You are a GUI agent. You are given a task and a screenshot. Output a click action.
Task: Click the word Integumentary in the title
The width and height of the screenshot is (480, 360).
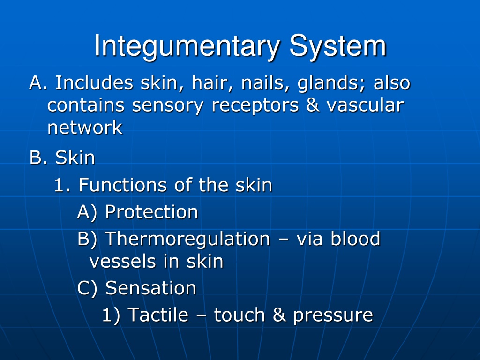click(187, 46)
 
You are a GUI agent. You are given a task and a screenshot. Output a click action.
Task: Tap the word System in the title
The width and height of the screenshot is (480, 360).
click(338, 46)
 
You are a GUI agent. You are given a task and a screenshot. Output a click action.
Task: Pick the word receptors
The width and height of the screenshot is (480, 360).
click(255, 106)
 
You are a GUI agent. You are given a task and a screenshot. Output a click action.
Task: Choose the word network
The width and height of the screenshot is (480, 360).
click(85, 127)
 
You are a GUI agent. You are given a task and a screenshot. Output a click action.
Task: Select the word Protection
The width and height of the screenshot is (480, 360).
click(151, 211)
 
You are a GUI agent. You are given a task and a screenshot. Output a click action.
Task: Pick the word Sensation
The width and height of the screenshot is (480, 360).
click(150, 288)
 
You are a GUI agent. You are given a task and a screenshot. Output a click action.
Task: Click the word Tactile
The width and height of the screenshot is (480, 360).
click(157, 315)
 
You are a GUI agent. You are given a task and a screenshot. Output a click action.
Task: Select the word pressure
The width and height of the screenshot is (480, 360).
click(333, 315)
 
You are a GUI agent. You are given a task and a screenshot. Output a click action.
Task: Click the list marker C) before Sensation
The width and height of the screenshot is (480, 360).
click(87, 288)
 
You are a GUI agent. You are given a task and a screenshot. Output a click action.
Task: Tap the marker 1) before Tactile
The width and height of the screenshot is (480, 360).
click(111, 315)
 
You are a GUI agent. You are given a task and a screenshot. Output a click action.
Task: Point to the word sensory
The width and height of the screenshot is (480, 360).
click(167, 106)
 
